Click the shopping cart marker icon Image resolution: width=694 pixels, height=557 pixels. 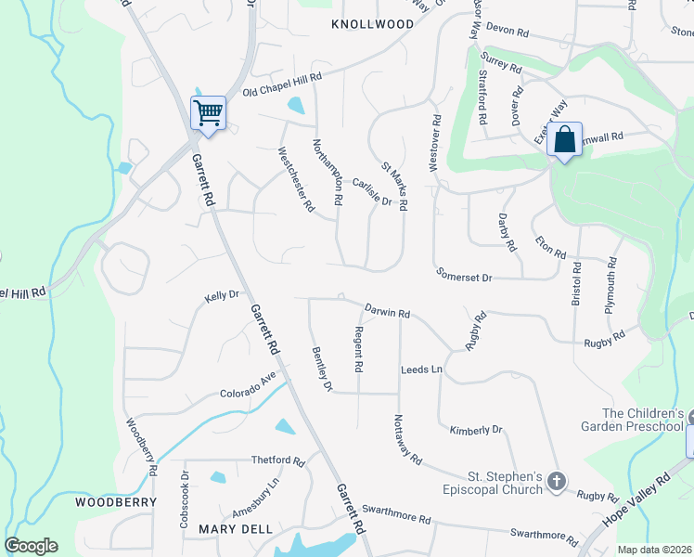point(209,113)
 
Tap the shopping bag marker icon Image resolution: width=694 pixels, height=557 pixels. point(564,140)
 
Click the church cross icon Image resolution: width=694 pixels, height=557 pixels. point(556,480)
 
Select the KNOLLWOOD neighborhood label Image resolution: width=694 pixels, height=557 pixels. point(372,24)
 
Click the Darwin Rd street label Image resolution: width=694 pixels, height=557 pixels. point(387,312)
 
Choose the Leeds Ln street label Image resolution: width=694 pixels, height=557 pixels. point(421,369)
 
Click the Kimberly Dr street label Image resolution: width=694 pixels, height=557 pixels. point(475,430)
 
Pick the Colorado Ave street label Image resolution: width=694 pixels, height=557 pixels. point(248,387)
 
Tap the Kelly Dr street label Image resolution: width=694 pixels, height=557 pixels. point(223,296)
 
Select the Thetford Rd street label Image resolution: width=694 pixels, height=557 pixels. point(278,460)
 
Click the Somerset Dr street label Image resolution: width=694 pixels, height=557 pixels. point(464,276)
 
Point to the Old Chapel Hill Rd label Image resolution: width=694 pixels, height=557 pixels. point(282,84)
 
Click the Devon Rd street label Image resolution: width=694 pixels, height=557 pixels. point(507,32)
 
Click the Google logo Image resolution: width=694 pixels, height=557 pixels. point(31,546)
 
